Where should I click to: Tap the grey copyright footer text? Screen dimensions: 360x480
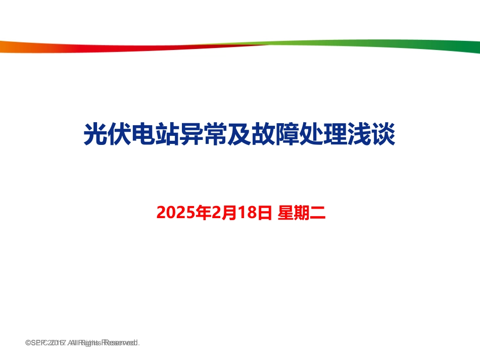(82, 343)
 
